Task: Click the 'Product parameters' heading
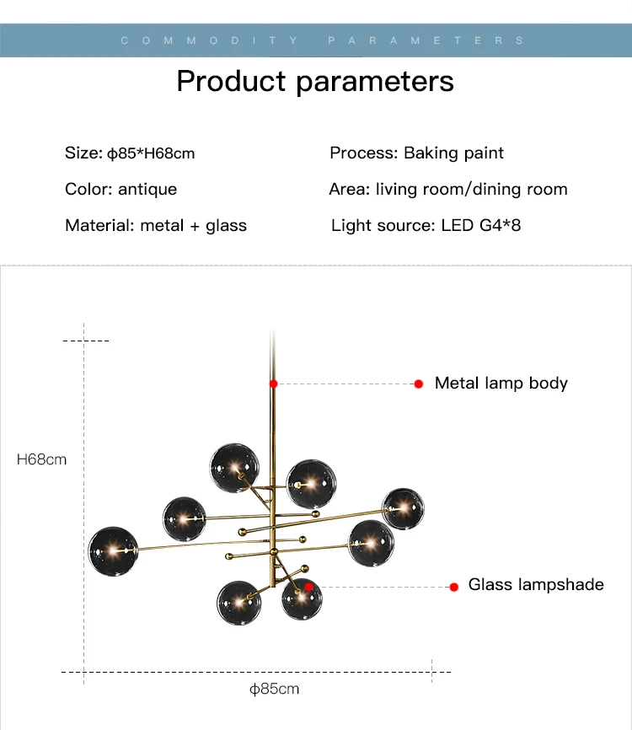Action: coord(315,81)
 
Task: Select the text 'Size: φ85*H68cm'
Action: coord(130,153)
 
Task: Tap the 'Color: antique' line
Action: coord(121,189)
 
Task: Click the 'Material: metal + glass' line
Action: coord(156,225)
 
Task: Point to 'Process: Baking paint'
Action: coord(416,153)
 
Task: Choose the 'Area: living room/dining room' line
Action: coord(447,189)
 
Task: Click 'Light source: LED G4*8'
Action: coord(426,225)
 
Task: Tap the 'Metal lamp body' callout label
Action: coord(501,383)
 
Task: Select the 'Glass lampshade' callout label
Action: coord(536,584)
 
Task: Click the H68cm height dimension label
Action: coord(42,459)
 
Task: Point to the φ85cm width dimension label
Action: coord(274,689)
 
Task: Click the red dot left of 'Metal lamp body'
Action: coord(418,384)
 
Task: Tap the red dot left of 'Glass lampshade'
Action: coord(453,586)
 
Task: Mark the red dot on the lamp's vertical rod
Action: coord(273,384)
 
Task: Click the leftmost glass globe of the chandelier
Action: coord(113,551)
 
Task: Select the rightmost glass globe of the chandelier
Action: coord(403,507)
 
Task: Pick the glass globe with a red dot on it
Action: coord(301,598)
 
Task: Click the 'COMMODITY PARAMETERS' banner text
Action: coord(323,40)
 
